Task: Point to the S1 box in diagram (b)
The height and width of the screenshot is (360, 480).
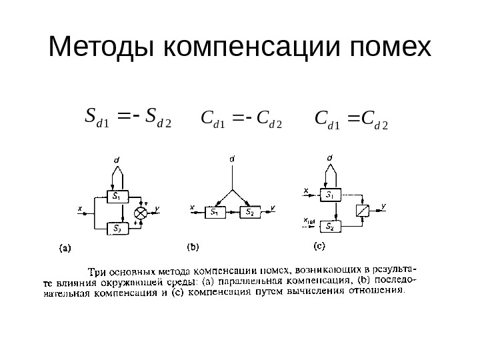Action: pyautogui.click(x=215, y=212)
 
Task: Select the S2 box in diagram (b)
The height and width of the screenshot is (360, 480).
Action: pyautogui.click(x=248, y=212)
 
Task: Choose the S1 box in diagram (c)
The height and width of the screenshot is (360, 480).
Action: pyautogui.click(x=330, y=195)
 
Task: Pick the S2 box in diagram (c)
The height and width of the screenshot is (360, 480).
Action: pyautogui.click(x=330, y=227)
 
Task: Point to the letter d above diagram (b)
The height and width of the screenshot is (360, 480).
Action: pyautogui.click(x=232, y=159)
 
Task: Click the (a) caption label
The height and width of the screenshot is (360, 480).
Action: pyautogui.click(x=65, y=249)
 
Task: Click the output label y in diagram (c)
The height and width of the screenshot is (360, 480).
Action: pyautogui.click(x=383, y=205)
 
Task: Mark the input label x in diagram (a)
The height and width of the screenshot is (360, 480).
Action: pyautogui.click(x=80, y=209)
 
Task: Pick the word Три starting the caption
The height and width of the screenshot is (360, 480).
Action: pyautogui.click(x=98, y=271)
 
